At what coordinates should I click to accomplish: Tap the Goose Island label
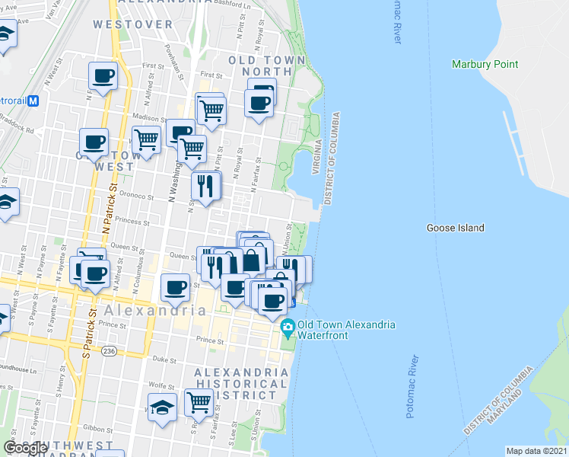pyautogui.click(x=455, y=228)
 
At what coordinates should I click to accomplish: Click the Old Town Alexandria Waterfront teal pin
pyautogui.click(x=288, y=329)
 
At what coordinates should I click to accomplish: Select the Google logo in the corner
pyautogui.click(x=24, y=448)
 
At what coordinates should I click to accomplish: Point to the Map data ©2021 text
pyautogui.click(x=537, y=451)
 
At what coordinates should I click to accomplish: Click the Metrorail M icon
pyautogui.click(x=33, y=100)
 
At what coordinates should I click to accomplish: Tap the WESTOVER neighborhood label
pyautogui.click(x=133, y=24)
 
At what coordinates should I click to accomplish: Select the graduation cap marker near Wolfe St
pyautogui.click(x=162, y=407)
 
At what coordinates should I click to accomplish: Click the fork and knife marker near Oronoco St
pyautogui.click(x=205, y=186)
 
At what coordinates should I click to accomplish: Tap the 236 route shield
pyautogui.click(x=110, y=351)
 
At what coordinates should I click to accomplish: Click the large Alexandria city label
pyautogui.click(x=155, y=311)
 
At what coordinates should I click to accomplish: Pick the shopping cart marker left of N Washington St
pyautogui.click(x=145, y=139)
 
